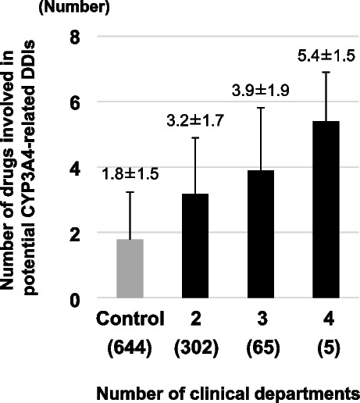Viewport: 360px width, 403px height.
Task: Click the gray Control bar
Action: [x=130, y=268]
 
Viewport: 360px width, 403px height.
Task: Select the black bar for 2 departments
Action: [x=195, y=245]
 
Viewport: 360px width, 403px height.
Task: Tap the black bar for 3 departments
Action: [x=261, y=234]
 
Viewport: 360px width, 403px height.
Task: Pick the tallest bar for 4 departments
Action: [x=326, y=209]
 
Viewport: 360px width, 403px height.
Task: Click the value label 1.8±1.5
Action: [x=130, y=174]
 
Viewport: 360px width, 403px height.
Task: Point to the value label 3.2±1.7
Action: [x=195, y=121]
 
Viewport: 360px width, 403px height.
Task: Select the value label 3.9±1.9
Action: [x=261, y=91]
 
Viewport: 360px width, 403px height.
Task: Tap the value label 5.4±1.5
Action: [x=326, y=55]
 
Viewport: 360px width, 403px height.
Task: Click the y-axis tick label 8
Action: [x=75, y=37]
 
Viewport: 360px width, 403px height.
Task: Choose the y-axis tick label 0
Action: [x=75, y=301]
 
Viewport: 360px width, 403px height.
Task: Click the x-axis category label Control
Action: [x=130, y=319]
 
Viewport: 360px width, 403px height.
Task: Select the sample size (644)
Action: [x=130, y=348]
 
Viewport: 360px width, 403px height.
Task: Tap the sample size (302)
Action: [x=197, y=348]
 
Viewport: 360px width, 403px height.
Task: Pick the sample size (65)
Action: [x=263, y=348]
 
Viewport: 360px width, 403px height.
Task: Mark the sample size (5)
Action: [x=329, y=348]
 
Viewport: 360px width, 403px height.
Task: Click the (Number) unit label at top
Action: [x=74, y=7]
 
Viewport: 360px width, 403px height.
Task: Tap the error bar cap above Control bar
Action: [x=130, y=192]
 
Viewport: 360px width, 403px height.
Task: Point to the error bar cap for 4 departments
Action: [x=326, y=72]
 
